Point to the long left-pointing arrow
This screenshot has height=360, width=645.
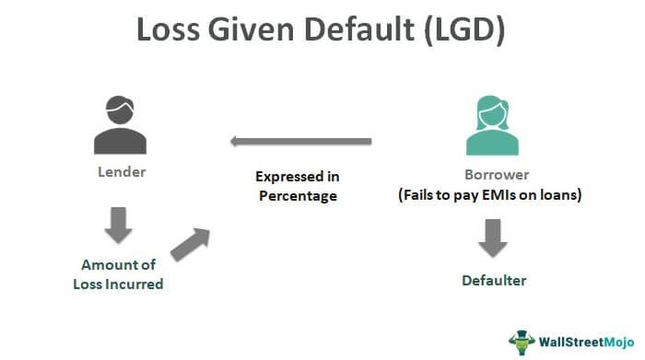click(x=300, y=142)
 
